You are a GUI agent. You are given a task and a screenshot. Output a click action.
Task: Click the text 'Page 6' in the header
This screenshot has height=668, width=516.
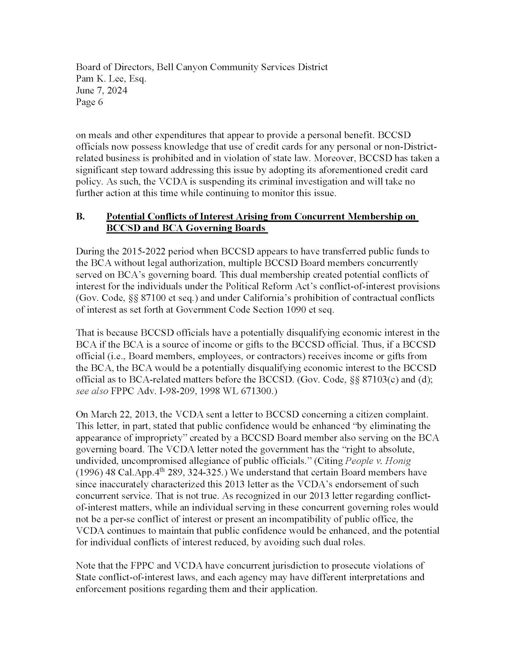point(89,102)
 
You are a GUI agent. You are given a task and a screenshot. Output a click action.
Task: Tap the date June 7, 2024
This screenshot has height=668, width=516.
point(102,91)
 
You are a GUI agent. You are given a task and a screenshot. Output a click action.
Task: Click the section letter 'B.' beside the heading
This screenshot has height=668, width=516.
point(80,217)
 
